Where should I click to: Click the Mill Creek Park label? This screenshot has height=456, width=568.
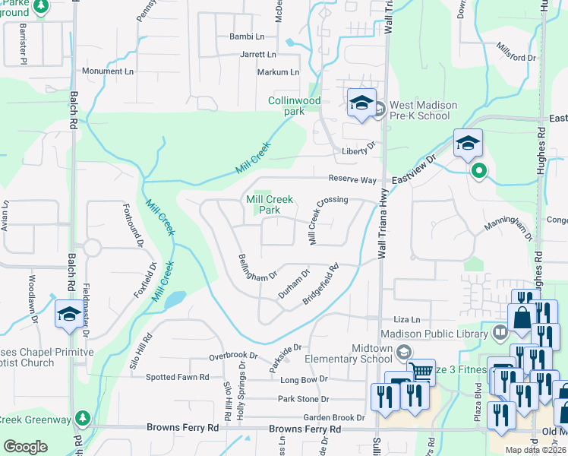pyautogui.click(x=270, y=204)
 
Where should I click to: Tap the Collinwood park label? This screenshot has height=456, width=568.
pyautogui.click(x=294, y=106)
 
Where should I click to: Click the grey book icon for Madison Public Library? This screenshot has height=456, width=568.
pyautogui.click(x=500, y=331)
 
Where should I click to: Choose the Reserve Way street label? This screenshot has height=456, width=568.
pyautogui.click(x=352, y=179)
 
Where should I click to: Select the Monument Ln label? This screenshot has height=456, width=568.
pyautogui.click(x=107, y=71)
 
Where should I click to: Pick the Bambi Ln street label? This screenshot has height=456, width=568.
pyautogui.click(x=247, y=36)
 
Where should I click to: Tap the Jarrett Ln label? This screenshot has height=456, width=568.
pyautogui.click(x=258, y=55)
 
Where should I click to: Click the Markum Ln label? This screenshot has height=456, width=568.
pyautogui.click(x=279, y=72)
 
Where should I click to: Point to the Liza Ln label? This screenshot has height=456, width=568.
pyautogui.click(x=406, y=321)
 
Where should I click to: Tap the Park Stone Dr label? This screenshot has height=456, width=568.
pyautogui.click(x=303, y=399)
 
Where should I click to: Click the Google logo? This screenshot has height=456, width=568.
pyautogui.click(x=26, y=447)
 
